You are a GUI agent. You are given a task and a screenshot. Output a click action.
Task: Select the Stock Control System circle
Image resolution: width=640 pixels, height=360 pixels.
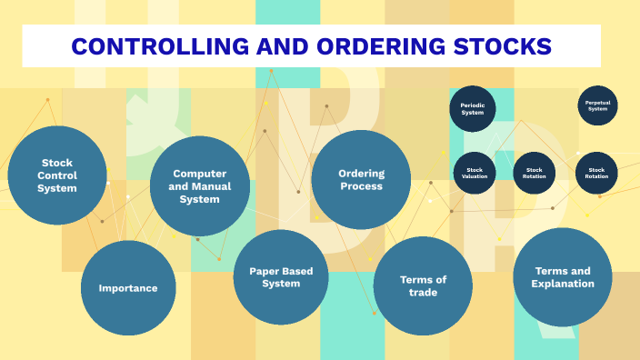click(x=57, y=175)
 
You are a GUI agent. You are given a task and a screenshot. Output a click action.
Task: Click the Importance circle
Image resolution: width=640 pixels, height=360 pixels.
click(x=128, y=288)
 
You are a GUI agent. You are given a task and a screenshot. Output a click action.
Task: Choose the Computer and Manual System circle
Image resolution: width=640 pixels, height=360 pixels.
click(x=200, y=186)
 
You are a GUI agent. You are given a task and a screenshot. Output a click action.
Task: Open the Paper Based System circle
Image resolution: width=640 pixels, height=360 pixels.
click(x=281, y=277)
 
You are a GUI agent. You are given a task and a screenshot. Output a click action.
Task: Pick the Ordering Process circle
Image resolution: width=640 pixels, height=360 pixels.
click(x=361, y=179)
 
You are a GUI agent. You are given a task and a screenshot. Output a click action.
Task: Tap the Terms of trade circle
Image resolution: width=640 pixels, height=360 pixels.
click(x=423, y=286)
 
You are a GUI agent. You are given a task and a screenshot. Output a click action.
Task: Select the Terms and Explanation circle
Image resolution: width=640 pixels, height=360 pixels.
click(x=563, y=277)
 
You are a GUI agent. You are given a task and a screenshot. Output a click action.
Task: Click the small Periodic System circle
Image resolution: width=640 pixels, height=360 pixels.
click(x=472, y=109)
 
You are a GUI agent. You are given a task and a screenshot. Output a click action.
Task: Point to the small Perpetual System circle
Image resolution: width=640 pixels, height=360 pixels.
click(x=597, y=105)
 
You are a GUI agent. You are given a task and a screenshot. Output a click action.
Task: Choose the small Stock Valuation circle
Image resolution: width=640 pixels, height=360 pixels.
click(x=475, y=173)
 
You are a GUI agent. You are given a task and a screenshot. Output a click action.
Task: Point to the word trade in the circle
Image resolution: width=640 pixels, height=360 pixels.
click(x=423, y=293)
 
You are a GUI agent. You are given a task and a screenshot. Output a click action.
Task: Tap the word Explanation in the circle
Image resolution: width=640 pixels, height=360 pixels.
click(x=563, y=284)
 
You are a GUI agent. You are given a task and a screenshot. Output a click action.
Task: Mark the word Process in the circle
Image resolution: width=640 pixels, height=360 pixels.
click(x=361, y=185)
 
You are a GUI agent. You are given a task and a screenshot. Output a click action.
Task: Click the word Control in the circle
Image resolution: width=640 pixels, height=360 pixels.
click(x=57, y=175)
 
